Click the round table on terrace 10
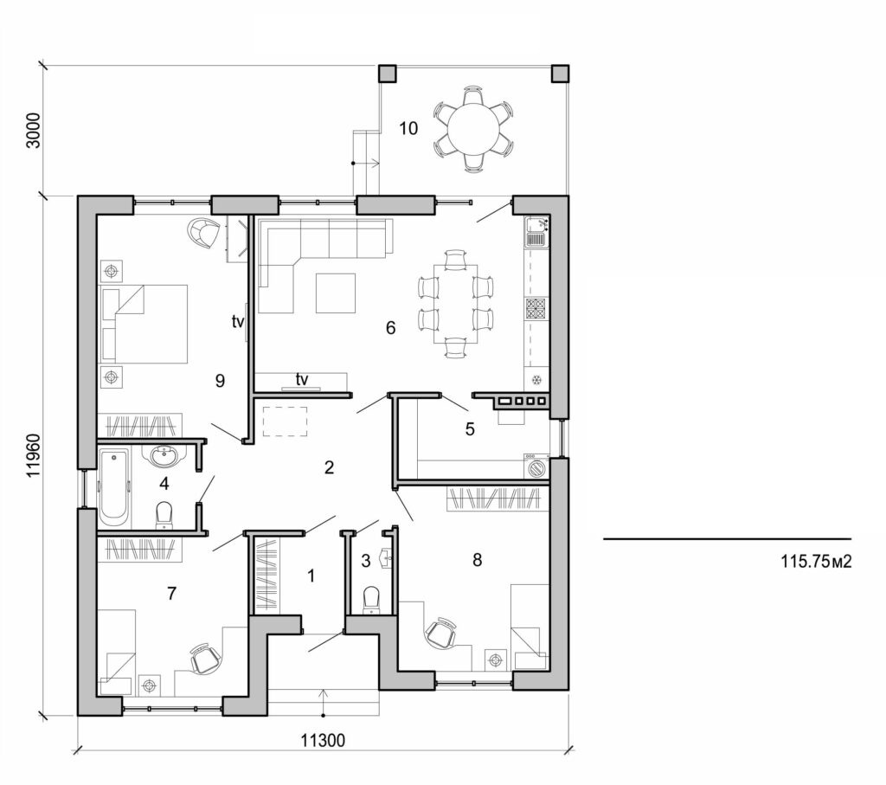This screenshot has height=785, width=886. pos(472,128)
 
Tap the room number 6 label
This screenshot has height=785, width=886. pos(390,328)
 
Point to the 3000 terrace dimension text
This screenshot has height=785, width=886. pos(34,130)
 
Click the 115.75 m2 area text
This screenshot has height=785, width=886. pos(817,562)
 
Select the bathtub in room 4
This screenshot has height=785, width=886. pos(113,487)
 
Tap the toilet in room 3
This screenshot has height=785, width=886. pos(372,598)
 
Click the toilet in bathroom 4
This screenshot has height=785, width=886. pos(164,515)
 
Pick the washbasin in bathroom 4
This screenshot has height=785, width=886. pos(162,456)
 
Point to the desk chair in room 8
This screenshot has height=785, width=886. pos(441,633)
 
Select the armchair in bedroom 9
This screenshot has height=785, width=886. pos(203,232)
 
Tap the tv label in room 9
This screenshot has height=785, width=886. pos(238,322)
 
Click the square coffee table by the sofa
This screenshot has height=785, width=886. pos(335,293)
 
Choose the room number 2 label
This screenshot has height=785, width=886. pos(329,468)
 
